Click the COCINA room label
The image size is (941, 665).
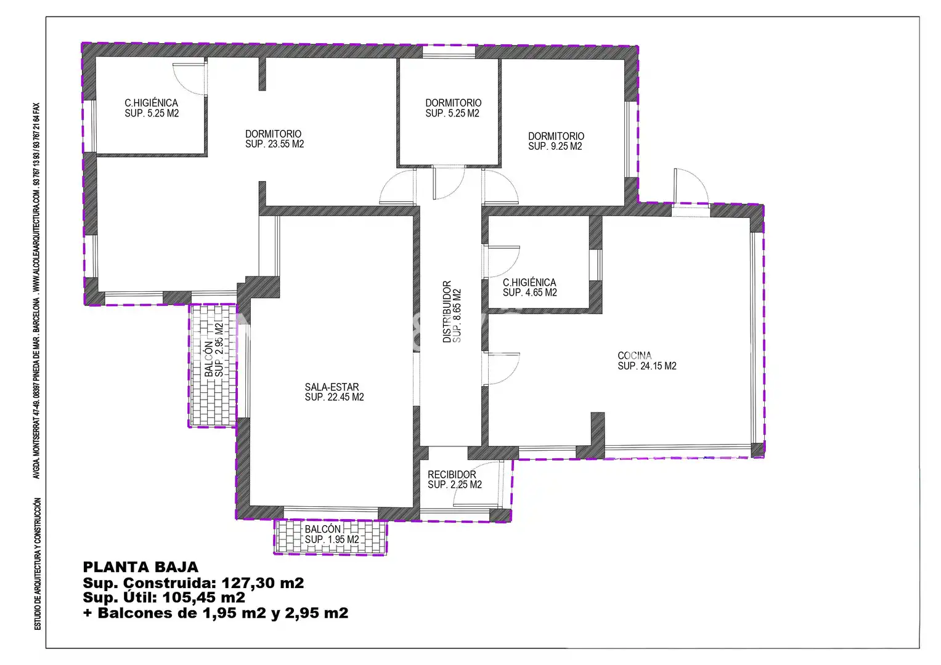(x=634, y=356)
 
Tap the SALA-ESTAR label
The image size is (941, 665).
(x=332, y=387)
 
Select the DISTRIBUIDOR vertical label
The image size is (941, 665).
(x=447, y=312)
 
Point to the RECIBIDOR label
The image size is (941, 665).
(x=452, y=474)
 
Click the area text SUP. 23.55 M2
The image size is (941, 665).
(x=274, y=144)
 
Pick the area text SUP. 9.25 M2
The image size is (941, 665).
(x=555, y=146)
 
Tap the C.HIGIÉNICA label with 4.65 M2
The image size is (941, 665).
(x=529, y=283)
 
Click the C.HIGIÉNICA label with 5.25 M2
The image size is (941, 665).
(x=151, y=103)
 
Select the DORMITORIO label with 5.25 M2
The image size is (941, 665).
(x=454, y=103)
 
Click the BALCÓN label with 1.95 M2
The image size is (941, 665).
(x=323, y=529)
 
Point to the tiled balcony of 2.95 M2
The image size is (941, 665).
(x=213, y=365)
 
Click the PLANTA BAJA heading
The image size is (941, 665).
(x=141, y=567)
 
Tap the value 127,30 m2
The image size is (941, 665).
(x=263, y=582)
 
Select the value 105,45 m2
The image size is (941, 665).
(x=204, y=597)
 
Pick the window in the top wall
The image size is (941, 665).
(x=449, y=52)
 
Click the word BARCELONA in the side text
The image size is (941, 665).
(x=36, y=315)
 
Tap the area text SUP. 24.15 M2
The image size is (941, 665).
(x=647, y=366)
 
